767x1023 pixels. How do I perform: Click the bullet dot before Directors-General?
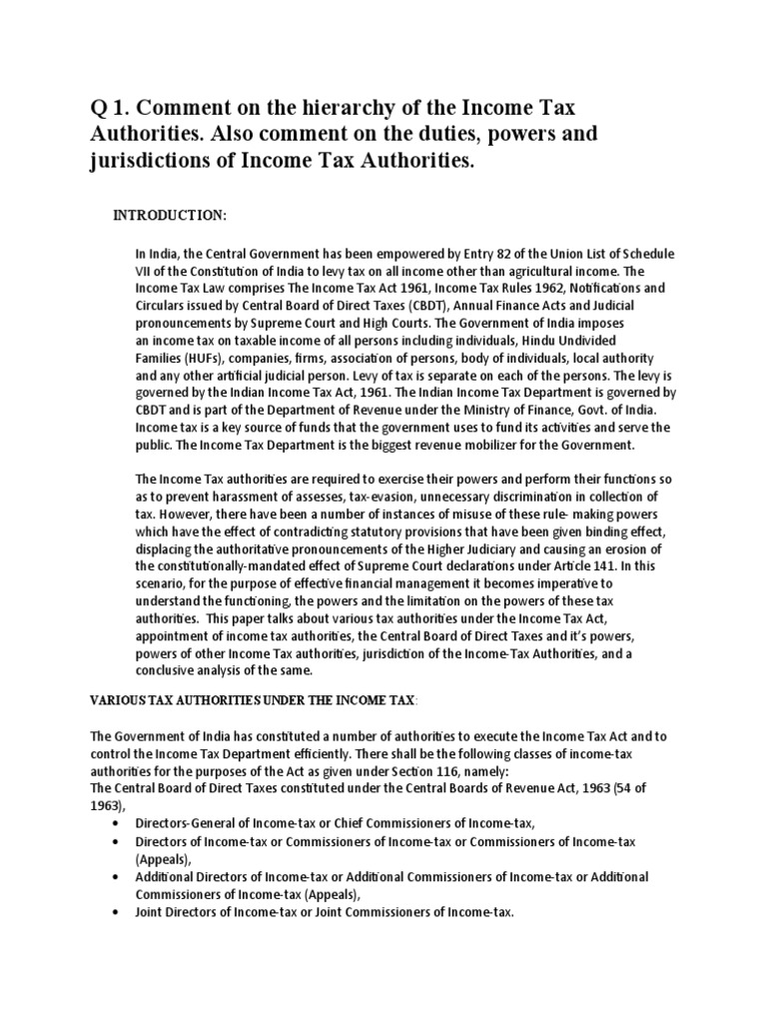120,824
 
